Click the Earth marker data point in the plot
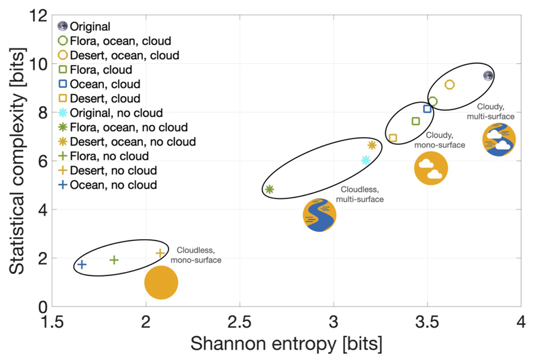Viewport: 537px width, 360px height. (489, 76)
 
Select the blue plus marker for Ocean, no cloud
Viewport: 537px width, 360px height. (82, 265)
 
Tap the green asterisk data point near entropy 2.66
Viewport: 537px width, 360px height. (269, 189)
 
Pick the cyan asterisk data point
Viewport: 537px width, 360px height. (366, 160)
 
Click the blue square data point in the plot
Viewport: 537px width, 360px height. (427, 109)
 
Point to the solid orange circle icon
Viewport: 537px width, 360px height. (161, 283)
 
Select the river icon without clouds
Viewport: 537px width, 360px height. (320, 215)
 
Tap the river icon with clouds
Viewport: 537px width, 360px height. (499, 140)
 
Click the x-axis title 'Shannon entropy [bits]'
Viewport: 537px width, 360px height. (287, 344)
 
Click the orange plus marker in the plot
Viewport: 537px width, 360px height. (160, 253)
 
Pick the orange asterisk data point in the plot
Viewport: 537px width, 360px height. (372, 145)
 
